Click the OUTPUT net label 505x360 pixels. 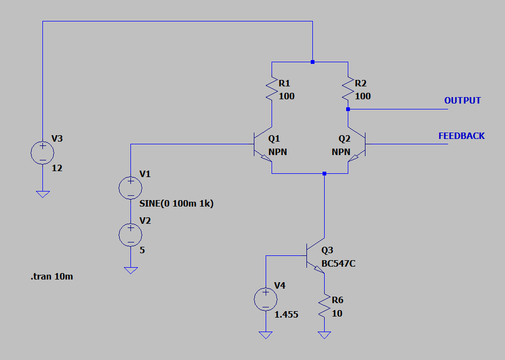click(x=462, y=100)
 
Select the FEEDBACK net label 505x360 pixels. click(x=461, y=136)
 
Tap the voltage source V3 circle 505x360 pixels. click(x=42, y=153)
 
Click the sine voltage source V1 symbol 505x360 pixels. click(x=130, y=188)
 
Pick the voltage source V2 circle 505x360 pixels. click(x=130, y=235)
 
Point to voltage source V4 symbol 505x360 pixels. click(x=266, y=299)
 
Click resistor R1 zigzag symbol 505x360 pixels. click(x=272, y=89)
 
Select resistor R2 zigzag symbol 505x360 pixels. click(x=348, y=89)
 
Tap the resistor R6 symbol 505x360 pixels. click(x=324, y=306)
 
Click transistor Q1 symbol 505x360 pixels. click(x=263, y=144)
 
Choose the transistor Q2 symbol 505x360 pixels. click(x=356, y=144)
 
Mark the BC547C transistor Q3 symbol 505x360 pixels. click(x=316, y=256)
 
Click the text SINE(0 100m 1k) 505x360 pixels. click(x=177, y=203)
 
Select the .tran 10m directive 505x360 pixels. click(x=52, y=277)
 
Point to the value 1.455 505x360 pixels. click(x=287, y=314)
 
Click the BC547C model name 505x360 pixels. click(x=339, y=264)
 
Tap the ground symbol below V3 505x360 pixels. click(x=42, y=194)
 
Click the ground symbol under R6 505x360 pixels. click(x=324, y=335)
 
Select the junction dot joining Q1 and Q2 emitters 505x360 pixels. click(x=324, y=173)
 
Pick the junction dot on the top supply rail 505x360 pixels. click(x=312, y=62)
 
